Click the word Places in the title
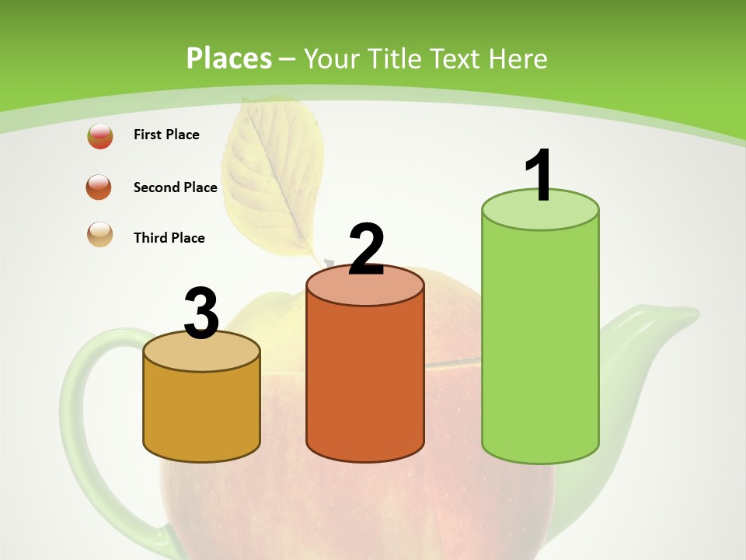coord(228,58)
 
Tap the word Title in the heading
coord(393,59)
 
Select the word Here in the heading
coord(518,59)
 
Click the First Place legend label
coord(166,135)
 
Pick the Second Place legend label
coord(175,187)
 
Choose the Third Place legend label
coord(169,238)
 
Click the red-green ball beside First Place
coord(100,136)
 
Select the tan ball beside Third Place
coord(100,234)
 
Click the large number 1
coord(539,175)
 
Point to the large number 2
coord(366,249)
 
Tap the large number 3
coord(201,313)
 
